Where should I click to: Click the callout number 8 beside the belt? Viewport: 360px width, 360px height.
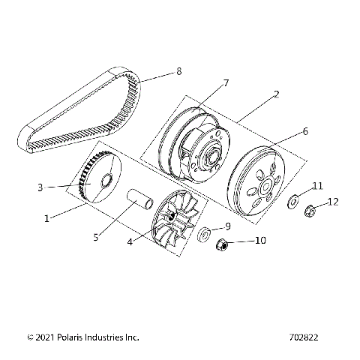[178, 72]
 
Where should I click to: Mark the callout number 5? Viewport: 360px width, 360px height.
[95, 238]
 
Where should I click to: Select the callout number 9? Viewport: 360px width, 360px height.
[228, 226]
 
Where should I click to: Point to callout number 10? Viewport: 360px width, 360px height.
[260, 241]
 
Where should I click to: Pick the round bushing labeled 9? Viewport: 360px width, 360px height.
[202, 235]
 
